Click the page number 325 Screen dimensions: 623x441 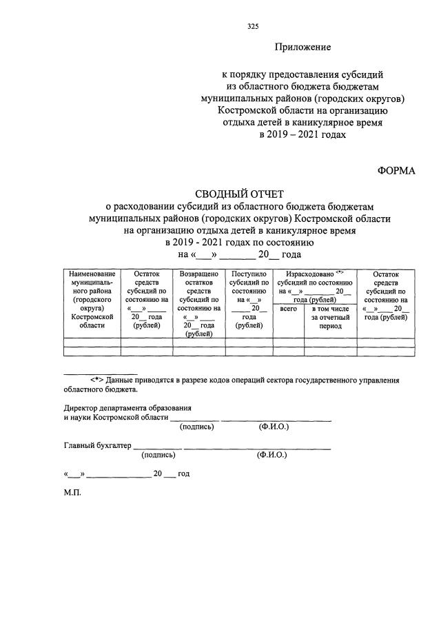point(252,28)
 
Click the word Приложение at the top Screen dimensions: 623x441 point(302,48)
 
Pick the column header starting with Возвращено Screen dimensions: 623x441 point(198,303)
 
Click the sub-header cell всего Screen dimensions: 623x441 point(289,309)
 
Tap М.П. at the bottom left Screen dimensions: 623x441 point(72,493)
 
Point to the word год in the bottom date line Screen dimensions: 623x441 point(183,474)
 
